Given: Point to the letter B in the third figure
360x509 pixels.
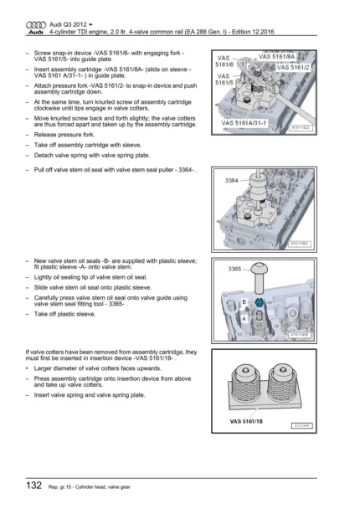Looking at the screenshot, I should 244,299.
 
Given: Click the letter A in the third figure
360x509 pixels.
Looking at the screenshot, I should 244,319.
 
